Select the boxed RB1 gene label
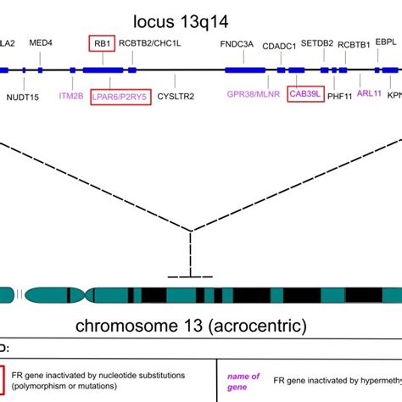[x=100, y=42]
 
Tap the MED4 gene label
[x=41, y=42]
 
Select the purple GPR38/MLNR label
[x=251, y=96]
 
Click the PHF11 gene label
[x=339, y=97]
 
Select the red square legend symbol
[x=3, y=378]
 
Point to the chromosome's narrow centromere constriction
[x=84, y=295]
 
